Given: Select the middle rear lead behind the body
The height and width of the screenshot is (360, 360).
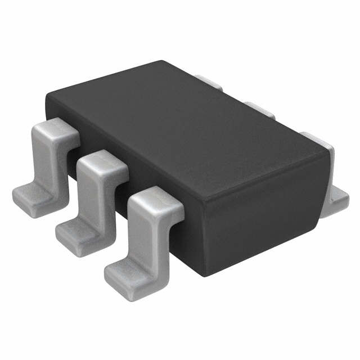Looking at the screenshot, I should pos(260,109).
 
